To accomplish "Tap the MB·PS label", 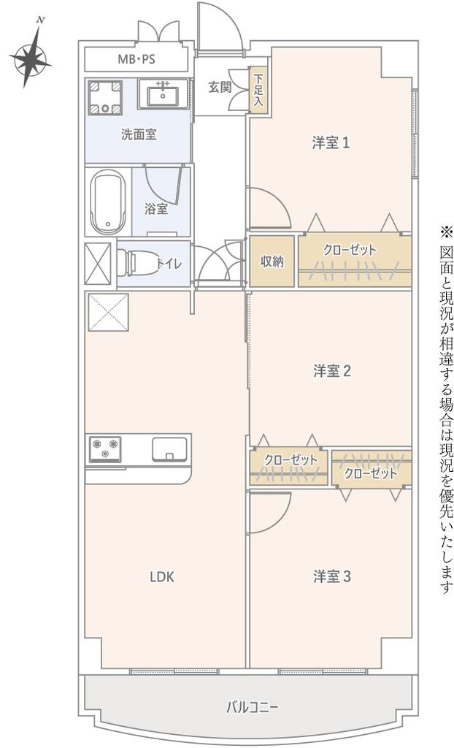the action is [136, 60].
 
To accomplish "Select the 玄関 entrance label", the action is [220, 88].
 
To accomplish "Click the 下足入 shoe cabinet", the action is [258, 90].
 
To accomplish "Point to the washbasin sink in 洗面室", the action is [163, 94].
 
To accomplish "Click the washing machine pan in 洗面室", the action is [104, 97].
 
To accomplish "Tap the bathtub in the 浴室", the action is [108, 202].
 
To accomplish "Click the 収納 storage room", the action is [272, 262].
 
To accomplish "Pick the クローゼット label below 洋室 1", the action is [350, 250].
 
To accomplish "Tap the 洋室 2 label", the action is [332, 370].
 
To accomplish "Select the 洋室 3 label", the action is [332, 577].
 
